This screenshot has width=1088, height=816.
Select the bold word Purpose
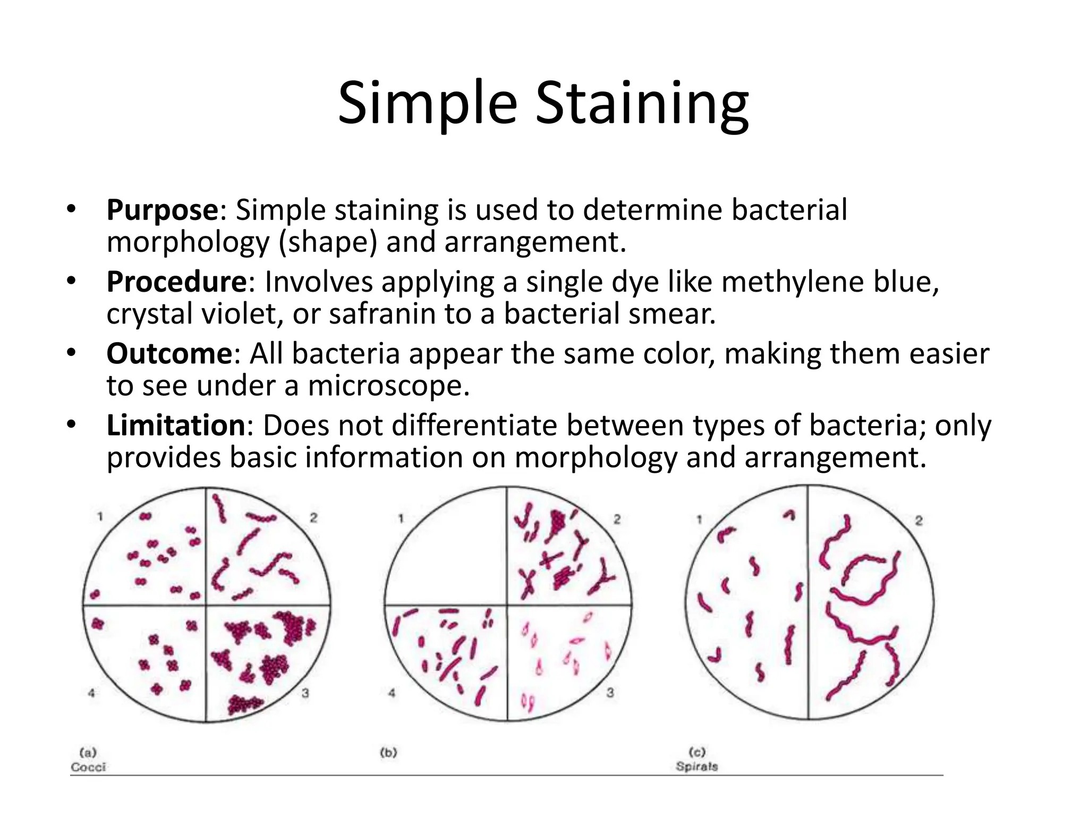pyautogui.click(x=163, y=210)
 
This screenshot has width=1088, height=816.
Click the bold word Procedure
pyautogui.click(x=177, y=282)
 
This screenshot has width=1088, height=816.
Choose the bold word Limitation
pyautogui.click(x=176, y=426)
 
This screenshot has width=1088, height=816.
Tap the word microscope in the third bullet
pyautogui.click(x=388, y=386)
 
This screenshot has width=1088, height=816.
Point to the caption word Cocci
pyautogui.click(x=88, y=767)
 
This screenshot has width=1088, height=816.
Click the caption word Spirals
pyautogui.click(x=696, y=767)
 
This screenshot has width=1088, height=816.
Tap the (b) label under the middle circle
pyautogui.click(x=388, y=752)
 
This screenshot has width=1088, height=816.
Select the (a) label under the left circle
pyautogui.click(x=88, y=752)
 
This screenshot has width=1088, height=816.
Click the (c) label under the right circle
pyautogui.click(x=696, y=752)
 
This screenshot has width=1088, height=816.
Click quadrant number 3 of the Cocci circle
pyautogui.click(x=305, y=693)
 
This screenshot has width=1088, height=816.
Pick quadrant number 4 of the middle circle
pyautogui.click(x=392, y=693)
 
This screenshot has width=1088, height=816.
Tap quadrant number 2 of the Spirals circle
pyautogui.click(x=919, y=521)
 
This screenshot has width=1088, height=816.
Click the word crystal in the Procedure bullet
pyautogui.click(x=149, y=314)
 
